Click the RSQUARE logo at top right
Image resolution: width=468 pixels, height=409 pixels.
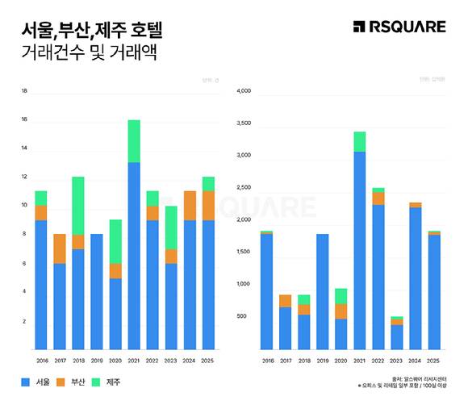click(x=399, y=27)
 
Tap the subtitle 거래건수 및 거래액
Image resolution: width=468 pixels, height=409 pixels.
click(x=89, y=54)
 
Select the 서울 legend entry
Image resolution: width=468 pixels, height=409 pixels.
click(x=35, y=382)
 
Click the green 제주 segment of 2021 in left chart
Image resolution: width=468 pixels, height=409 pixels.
click(x=134, y=141)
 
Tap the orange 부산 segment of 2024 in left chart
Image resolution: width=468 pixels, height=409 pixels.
click(x=190, y=206)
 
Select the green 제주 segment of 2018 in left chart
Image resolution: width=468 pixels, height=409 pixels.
click(x=78, y=206)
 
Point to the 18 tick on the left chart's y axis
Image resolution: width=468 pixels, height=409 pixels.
click(x=24, y=91)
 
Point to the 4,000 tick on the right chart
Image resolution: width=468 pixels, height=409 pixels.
click(x=244, y=91)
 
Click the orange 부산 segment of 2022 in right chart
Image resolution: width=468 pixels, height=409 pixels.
click(x=378, y=198)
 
